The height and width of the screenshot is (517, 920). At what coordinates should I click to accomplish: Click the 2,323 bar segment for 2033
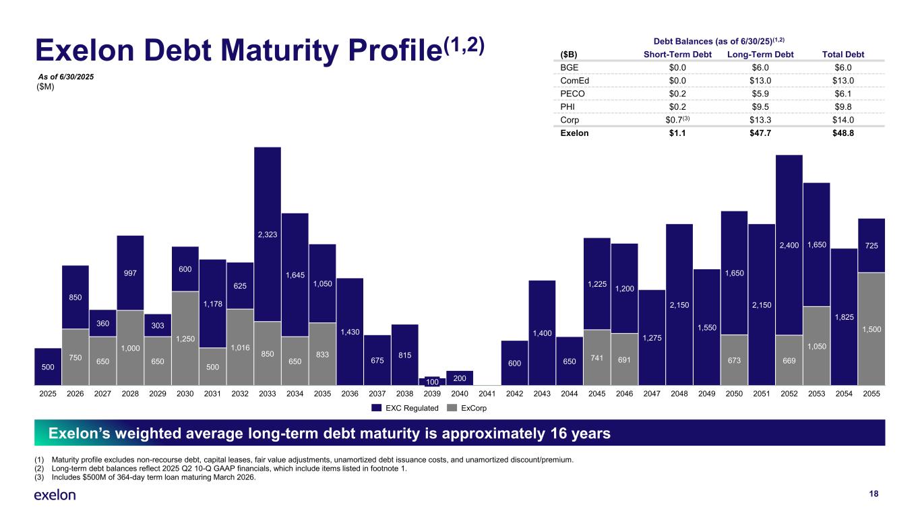pyautogui.click(x=268, y=234)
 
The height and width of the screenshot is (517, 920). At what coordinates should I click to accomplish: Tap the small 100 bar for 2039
pyautogui.click(x=432, y=381)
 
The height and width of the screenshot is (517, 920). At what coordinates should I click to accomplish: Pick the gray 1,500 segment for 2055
pyautogui.click(x=871, y=329)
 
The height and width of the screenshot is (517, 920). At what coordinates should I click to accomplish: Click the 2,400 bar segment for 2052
pyautogui.click(x=789, y=245)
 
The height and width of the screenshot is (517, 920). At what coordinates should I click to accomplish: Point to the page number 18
pyautogui.click(x=873, y=494)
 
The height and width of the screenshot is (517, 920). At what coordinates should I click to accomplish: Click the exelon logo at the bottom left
pyautogui.click(x=55, y=495)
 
